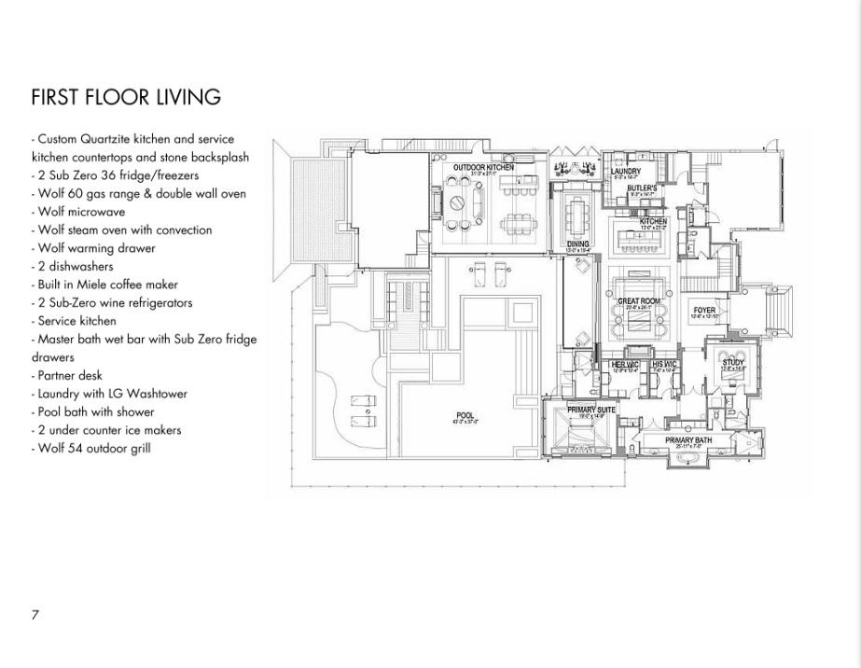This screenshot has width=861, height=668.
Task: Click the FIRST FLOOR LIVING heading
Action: pyautogui.click(x=126, y=98)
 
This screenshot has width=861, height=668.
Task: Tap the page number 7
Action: pyautogui.click(x=35, y=615)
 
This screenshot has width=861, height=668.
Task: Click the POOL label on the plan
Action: pyautogui.click(x=465, y=416)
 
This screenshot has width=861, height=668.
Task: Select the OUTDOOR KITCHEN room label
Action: pyautogui.click(x=483, y=167)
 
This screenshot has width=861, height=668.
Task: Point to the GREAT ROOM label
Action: pyautogui.click(x=638, y=301)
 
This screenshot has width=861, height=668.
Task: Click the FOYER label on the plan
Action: pyautogui.click(x=703, y=311)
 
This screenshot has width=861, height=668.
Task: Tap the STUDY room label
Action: pyautogui.click(x=732, y=363)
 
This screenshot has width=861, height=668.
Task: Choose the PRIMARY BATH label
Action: pyautogui.click(x=688, y=439)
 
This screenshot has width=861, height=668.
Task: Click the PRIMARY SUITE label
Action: pyautogui.click(x=591, y=410)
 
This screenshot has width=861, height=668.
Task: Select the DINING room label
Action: pyautogui.click(x=578, y=244)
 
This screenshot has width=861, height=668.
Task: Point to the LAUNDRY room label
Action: pyautogui.click(x=626, y=172)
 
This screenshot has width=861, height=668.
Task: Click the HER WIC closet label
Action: pyautogui.click(x=625, y=364)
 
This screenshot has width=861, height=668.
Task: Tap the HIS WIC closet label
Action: pyautogui.click(x=664, y=364)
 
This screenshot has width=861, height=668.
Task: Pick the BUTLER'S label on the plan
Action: pyautogui.click(x=642, y=188)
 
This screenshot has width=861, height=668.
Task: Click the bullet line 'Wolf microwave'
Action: pyautogui.click(x=81, y=212)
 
